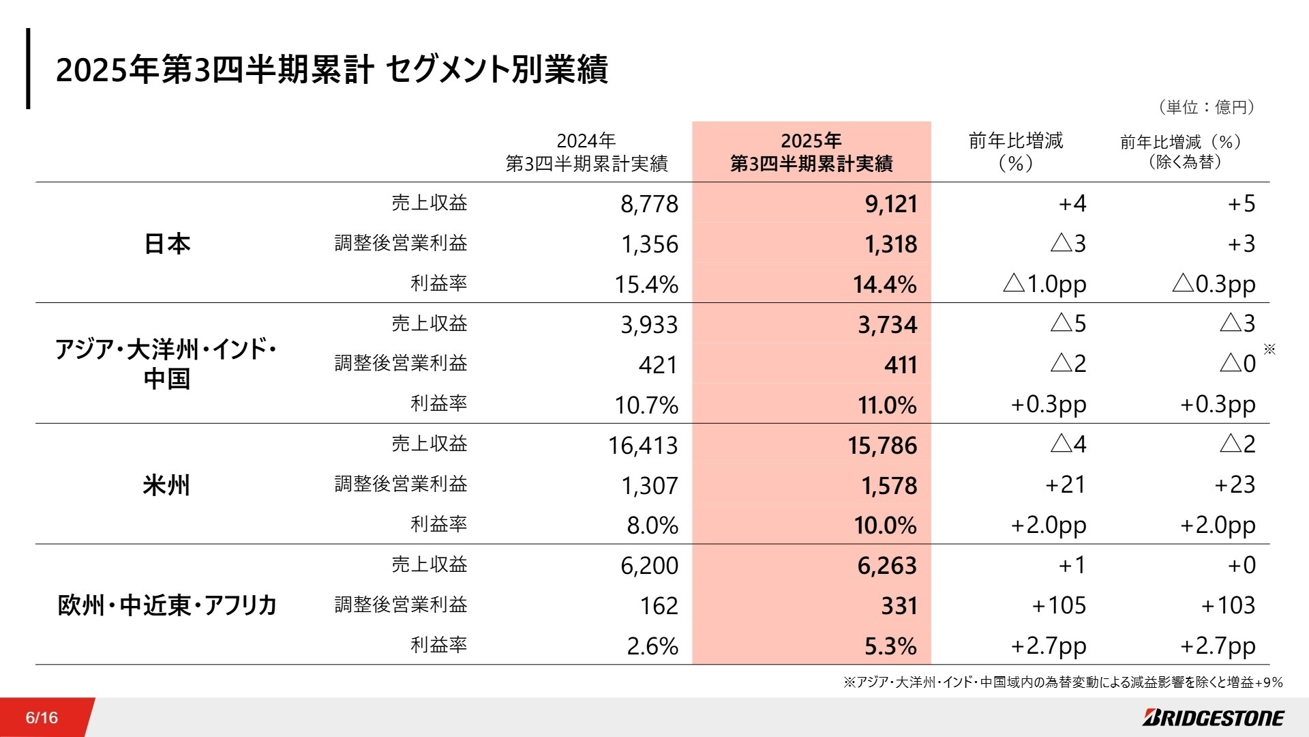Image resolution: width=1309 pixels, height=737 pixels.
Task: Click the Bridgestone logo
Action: [1213, 717]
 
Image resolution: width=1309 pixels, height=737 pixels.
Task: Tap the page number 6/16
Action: [42, 717]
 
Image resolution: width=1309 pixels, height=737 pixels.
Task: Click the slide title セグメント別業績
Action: [331, 70]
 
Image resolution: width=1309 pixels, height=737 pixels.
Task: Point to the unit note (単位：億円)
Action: [1206, 107]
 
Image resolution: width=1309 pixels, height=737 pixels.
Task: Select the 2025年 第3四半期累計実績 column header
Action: [811, 152]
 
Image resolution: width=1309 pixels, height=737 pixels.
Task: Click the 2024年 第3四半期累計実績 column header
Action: [586, 152]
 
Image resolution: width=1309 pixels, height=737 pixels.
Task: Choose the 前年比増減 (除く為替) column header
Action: [1184, 151]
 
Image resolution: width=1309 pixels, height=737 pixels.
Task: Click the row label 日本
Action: [167, 244]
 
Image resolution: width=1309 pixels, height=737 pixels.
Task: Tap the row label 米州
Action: [166, 485]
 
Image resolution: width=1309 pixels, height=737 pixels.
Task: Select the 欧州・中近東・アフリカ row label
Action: [167, 605]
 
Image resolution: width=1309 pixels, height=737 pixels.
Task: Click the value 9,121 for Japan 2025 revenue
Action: [891, 204]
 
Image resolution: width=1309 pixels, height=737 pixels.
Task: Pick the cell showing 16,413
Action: [643, 446]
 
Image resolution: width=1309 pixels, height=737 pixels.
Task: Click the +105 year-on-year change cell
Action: [1059, 605]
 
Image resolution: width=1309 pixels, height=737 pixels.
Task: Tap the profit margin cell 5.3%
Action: [890, 646]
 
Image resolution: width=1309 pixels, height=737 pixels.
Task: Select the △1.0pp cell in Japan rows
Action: [1044, 283]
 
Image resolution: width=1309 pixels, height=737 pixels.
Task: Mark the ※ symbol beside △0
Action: [1269, 349]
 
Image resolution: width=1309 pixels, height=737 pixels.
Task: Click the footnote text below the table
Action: [1063, 682]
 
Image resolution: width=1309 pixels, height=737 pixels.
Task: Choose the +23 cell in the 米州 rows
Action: [1235, 485]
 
